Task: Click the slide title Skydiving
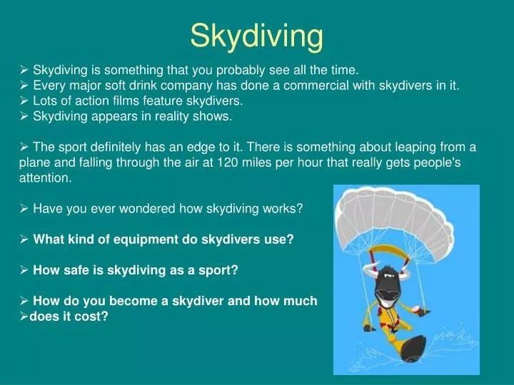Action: [256, 35]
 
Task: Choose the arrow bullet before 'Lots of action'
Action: [24, 101]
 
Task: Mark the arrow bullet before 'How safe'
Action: [24, 270]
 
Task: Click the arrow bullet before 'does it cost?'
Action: [23, 317]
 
